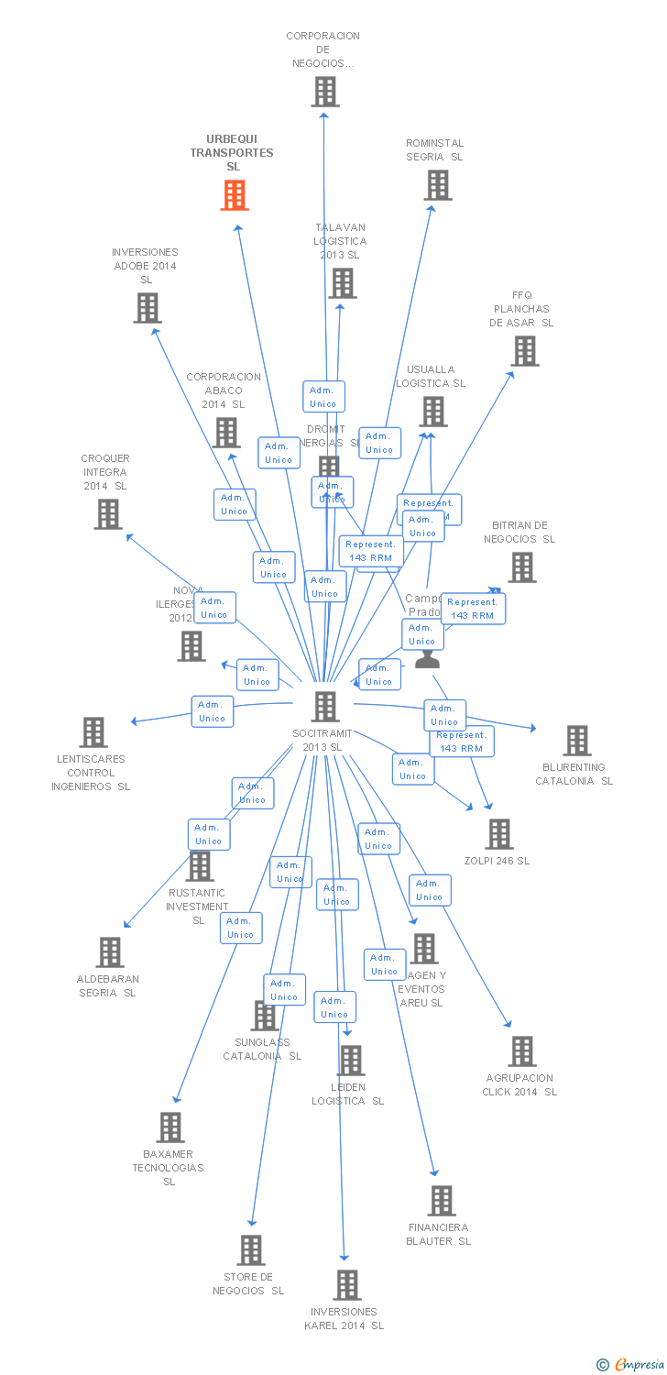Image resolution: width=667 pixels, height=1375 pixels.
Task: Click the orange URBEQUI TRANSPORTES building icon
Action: (x=235, y=195)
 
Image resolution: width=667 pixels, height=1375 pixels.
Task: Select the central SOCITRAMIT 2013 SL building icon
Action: (x=325, y=707)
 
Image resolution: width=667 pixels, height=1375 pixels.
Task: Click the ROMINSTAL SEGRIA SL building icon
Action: (x=438, y=185)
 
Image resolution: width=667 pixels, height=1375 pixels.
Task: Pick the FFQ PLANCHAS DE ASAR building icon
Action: (x=525, y=351)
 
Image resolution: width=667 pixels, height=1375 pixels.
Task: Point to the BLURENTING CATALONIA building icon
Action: (x=577, y=741)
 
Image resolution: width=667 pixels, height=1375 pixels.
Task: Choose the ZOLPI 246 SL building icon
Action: (x=499, y=834)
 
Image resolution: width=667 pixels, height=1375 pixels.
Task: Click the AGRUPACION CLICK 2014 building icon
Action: (x=522, y=1051)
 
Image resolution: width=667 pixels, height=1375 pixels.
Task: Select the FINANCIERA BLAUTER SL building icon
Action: (x=442, y=1201)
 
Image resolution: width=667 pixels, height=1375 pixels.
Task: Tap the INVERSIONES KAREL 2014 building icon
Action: (x=347, y=1285)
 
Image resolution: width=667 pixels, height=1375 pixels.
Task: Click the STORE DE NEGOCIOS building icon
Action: (x=251, y=1250)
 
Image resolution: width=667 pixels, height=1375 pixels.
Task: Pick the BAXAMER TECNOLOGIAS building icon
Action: (x=170, y=1127)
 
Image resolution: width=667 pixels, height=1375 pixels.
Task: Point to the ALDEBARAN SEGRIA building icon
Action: (x=110, y=952)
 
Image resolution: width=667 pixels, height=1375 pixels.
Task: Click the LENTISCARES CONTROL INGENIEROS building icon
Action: (x=93, y=732)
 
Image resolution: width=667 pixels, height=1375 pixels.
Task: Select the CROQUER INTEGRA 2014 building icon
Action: (x=108, y=514)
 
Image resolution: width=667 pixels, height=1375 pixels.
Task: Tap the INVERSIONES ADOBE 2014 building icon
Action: (x=147, y=308)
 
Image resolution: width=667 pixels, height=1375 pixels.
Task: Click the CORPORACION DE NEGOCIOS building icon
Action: (x=324, y=92)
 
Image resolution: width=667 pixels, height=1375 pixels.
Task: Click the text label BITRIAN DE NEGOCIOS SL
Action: (x=519, y=533)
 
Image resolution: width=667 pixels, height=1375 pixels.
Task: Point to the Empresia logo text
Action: (x=640, y=1365)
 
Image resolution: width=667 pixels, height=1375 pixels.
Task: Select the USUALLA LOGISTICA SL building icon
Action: (x=434, y=412)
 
